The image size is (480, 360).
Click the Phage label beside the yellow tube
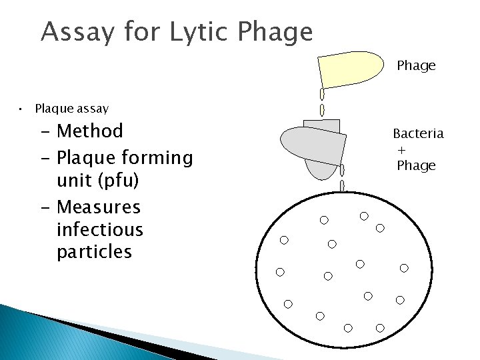coord(416,65)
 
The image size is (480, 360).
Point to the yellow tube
coord(349,69)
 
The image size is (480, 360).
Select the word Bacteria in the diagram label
coord(418,133)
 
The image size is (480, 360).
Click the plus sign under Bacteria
coord(402,150)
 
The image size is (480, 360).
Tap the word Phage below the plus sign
coord(416,165)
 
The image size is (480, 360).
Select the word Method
coord(90,131)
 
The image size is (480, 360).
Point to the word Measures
coord(99,207)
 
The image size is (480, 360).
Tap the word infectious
coord(100,229)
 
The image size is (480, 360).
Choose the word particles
coord(94,252)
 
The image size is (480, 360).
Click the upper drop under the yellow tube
coord(323,93)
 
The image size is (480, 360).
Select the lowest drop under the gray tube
coord(342,185)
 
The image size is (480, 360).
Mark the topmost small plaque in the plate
coord(364,216)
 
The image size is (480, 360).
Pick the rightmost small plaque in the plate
coord(404,268)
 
